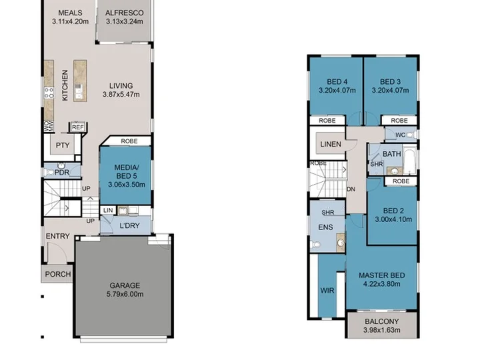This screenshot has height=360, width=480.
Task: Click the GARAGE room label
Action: pyautogui.click(x=125, y=285)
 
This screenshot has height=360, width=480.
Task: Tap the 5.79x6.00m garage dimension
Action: pyautogui.click(x=125, y=294)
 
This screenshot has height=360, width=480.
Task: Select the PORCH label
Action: pyautogui.click(x=58, y=274)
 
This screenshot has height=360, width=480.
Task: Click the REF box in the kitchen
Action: pyautogui.click(x=78, y=127)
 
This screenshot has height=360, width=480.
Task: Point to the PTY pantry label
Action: pyautogui.click(x=63, y=145)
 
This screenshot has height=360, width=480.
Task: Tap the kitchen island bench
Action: pyautogui.click(x=80, y=81)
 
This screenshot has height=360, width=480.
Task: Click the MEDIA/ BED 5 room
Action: pyautogui.click(x=126, y=175)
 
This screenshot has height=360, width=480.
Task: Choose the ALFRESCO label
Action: pyautogui.click(x=124, y=13)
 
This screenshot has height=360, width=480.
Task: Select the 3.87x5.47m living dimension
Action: pyautogui.click(x=121, y=94)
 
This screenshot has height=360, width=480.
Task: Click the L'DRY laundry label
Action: pyautogui.click(x=129, y=225)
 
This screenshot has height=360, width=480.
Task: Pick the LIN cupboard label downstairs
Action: pyautogui.click(x=108, y=210)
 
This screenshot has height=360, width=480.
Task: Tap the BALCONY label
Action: pyautogui.click(x=382, y=321)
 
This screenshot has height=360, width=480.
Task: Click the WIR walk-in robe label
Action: pyautogui.click(x=327, y=290)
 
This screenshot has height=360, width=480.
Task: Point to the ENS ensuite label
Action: pyautogui.click(x=325, y=227)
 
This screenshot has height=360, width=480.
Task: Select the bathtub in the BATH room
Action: pyautogui.click(x=409, y=161)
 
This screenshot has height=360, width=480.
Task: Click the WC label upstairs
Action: pyautogui.click(x=400, y=135)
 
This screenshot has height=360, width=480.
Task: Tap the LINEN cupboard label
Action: pyautogui.click(x=331, y=144)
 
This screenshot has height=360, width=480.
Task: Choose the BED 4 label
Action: pyautogui.click(x=337, y=82)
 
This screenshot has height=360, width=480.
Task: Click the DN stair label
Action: pyautogui.click(x=351, y=189)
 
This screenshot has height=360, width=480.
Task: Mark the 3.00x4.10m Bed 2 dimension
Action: pyautogui.click(x=393, y=219)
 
